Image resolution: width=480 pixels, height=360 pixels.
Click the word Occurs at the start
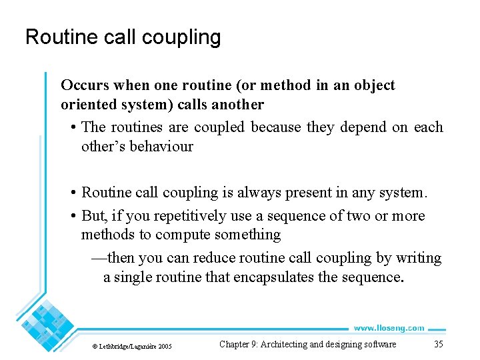click(83, 85)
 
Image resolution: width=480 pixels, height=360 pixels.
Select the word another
click(238, 105)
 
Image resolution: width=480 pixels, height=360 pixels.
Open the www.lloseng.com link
click(389, 328)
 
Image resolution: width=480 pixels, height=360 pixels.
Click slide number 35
click(438, 344)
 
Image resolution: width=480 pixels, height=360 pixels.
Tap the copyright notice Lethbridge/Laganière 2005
click(132, 346)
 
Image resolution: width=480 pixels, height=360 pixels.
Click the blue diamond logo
click(47, 325)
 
